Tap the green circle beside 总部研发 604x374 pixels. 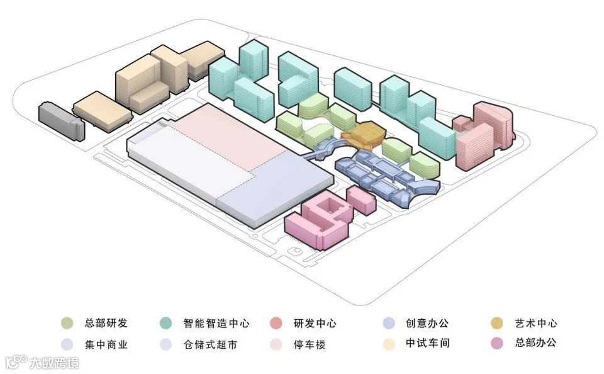66,324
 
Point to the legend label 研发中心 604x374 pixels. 315,324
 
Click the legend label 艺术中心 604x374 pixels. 535,324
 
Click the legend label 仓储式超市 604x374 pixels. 211,344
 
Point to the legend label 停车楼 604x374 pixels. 310,344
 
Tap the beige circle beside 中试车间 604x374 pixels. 388,344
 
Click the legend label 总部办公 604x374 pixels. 535,344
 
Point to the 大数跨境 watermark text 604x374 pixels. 55,363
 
